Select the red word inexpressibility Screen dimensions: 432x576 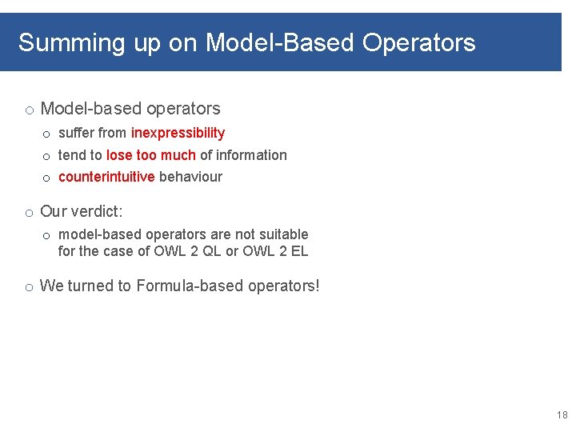tap(178, 133)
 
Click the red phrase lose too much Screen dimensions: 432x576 tap(150, 155)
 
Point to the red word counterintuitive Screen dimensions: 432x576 tap(106, 177)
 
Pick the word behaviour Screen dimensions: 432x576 tap(190, 177)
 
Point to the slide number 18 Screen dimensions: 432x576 tap(561, 415)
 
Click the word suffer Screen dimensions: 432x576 tap(76, 133)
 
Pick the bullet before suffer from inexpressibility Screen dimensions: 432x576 tap(46, 134)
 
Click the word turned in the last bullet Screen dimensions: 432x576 tap(89, 286)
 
